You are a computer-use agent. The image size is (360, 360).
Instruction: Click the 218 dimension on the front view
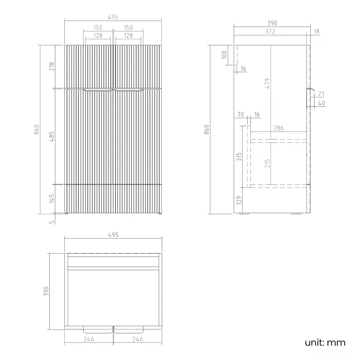point(52,66)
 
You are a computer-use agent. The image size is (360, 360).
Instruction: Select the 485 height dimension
point(52,136)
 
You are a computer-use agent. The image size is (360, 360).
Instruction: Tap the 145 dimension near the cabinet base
point(52,199)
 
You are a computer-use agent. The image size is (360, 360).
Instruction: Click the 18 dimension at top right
point(316,32)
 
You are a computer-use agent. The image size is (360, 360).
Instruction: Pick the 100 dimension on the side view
point(224,54)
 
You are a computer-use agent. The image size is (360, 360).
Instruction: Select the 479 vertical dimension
point(266,84)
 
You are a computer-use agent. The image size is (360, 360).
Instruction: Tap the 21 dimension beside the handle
point(321,94)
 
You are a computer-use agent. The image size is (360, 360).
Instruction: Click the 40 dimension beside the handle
point(321,103)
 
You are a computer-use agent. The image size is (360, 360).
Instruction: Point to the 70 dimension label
point(240,115)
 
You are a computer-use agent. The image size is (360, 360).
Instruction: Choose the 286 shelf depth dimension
point(279,128)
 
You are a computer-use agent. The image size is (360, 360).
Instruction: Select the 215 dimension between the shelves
point(267,163)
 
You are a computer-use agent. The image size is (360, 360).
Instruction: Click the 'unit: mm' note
point(325,342)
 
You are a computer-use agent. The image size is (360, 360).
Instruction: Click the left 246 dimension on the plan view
point(89,339)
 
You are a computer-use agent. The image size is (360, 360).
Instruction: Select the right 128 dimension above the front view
point(128,35)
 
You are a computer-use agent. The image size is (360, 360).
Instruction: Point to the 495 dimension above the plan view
point(113,235)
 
